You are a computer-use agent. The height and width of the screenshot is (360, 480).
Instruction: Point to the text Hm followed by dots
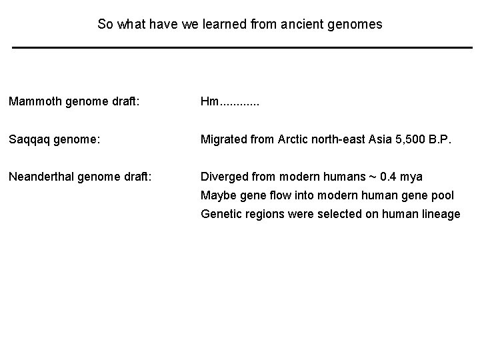pyautogui.click(x=230, y=102)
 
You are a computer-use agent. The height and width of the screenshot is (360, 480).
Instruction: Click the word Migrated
pyautogui.click(x=225, y=139)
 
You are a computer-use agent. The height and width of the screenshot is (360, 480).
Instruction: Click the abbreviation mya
pyautogui.click(x=412, y=177)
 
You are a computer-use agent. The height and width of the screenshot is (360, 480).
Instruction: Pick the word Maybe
pyautogui.click(x=217, y=195)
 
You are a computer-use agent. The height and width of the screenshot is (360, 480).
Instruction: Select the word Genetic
pyautogui.click(x=222, y=214)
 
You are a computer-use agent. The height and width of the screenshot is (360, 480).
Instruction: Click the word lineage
pyautogui.click(x=440, y=214)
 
